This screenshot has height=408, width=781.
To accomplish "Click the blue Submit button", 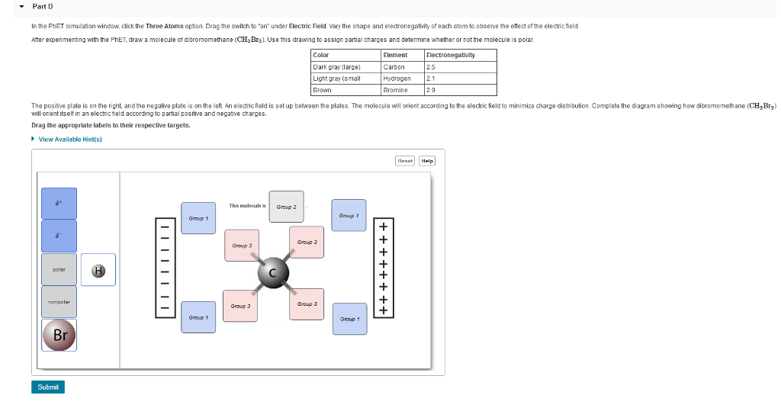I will [48, 387].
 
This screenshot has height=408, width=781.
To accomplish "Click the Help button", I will [427, 160].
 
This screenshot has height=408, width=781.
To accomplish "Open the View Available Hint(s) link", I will [69, 139].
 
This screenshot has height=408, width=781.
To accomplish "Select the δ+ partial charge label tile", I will [59, 204].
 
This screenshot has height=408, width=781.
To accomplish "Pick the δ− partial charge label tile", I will [59, 236].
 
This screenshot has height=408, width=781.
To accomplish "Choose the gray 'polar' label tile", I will [59, 270].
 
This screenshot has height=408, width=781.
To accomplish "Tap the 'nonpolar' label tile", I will [59, 302].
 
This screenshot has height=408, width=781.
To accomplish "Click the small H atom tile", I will [98, 270].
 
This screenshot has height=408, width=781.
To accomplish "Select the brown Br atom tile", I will [59, 336].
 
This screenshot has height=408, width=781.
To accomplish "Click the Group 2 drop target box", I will [286, 207].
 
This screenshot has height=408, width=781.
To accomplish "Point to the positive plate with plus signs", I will [384, 268].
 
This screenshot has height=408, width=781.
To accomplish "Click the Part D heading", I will [42, 6].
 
